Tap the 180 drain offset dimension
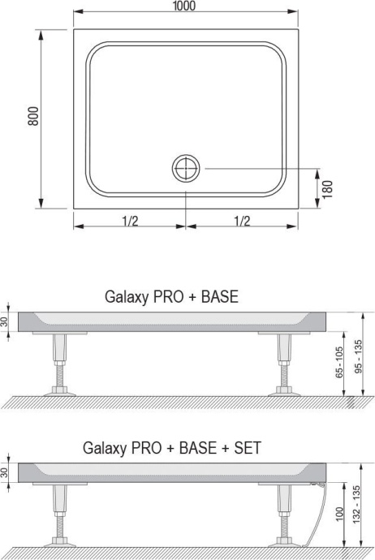(327, 188)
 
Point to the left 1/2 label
(130, 220)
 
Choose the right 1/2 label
(241, 220)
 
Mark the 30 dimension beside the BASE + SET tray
(7, 472)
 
